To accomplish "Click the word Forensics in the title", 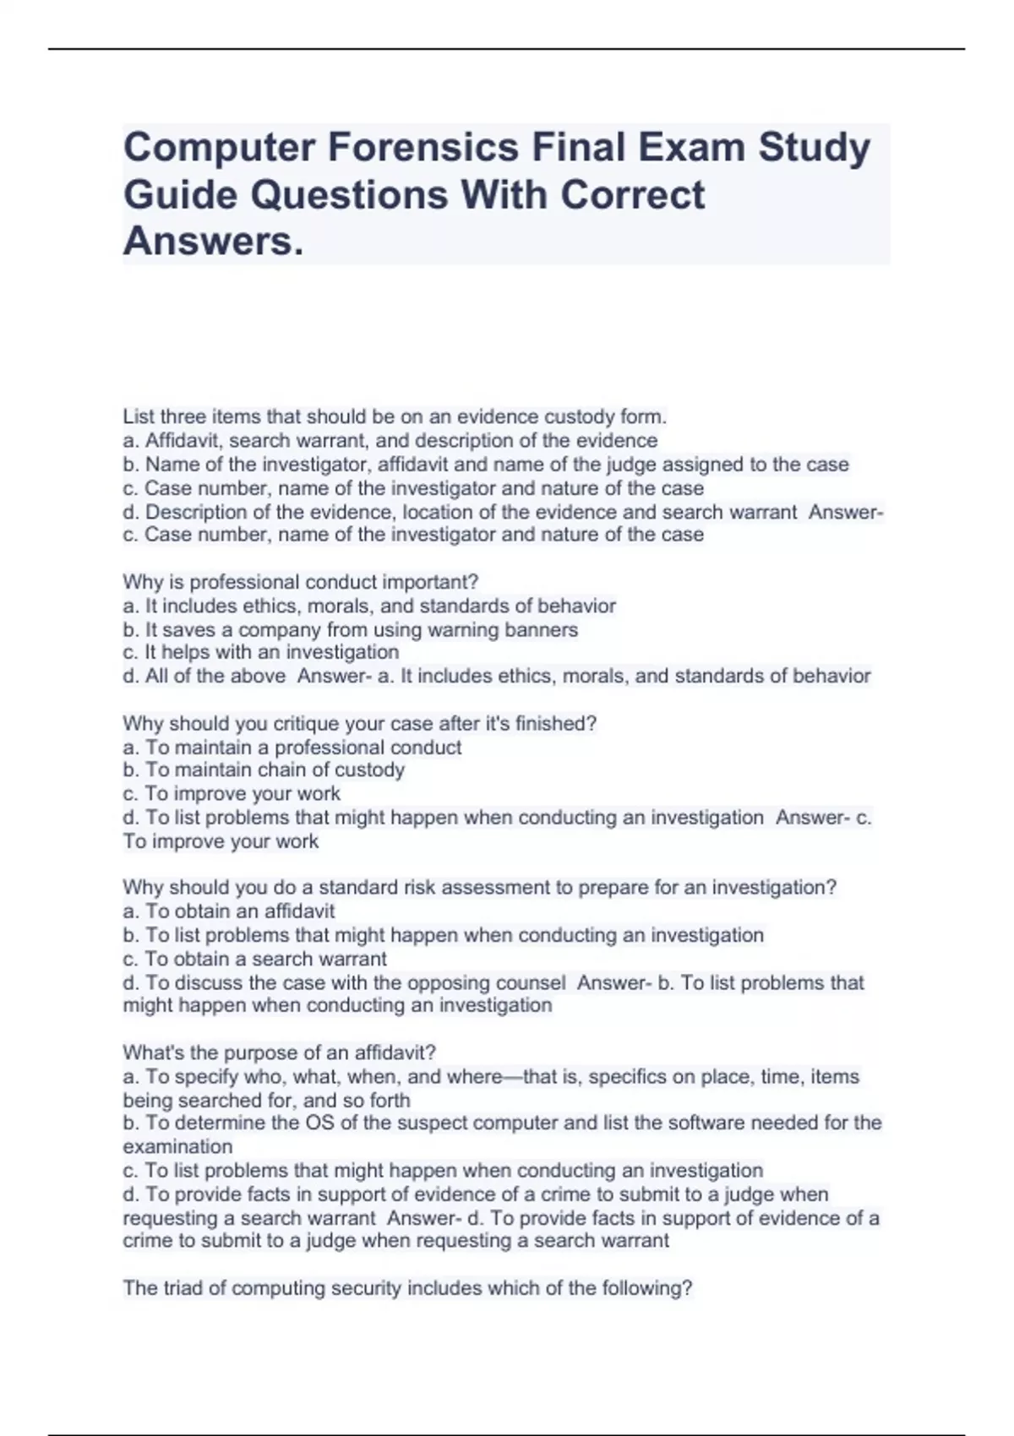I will (x=422, y=147).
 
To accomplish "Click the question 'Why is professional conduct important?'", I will (x=301, y=582).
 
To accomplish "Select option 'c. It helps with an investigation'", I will (x=261, y=652).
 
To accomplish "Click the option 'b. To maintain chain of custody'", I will (x=264, y=770).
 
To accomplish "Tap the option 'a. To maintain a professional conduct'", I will (x=292, y=747).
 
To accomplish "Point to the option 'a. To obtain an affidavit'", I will (x=229, y=911).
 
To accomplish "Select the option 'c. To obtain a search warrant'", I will (x=254, y=959).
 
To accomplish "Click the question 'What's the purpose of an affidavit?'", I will (x=279, y=1053).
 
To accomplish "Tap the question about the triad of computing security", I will (x=407, y=1288).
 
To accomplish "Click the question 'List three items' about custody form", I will (x=395, y=416).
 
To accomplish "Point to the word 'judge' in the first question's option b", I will (x=635, y=465).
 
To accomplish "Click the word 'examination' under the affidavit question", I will (x=177, y=1146).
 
